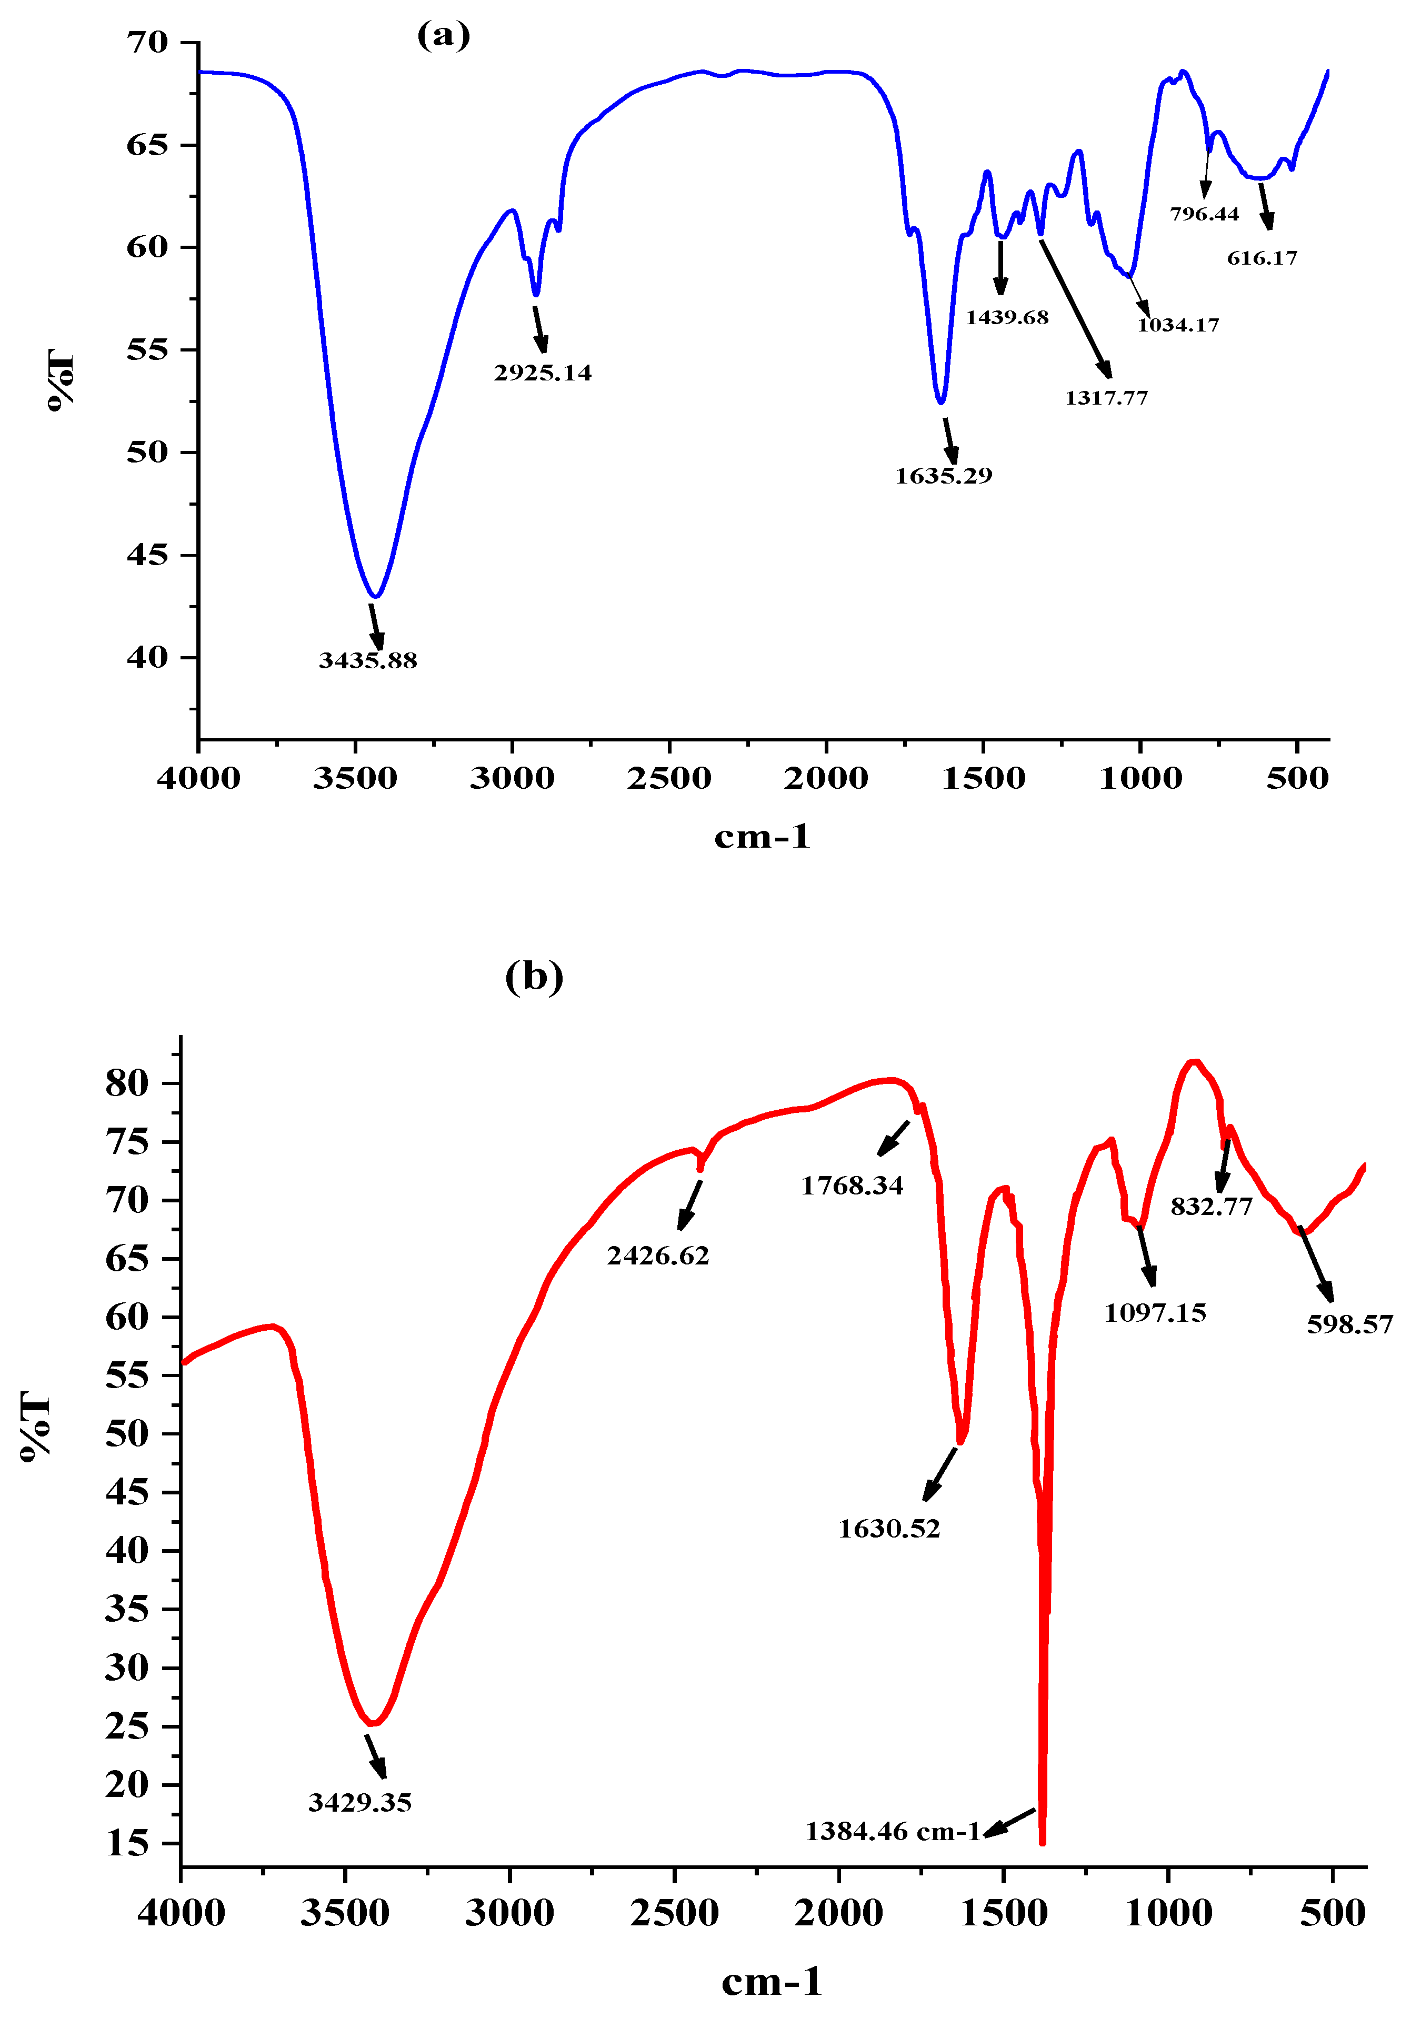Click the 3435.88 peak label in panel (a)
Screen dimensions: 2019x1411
(x=368, y=660)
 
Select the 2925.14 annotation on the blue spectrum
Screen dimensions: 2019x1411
(x=543, y=373)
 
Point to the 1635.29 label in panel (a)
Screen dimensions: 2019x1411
(x=943, y=476)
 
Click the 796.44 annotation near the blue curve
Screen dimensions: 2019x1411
(x=1204, y=214)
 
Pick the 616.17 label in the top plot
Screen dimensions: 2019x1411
(x=1263, y=258)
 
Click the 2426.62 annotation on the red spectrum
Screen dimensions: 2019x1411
(x=658, y=1255)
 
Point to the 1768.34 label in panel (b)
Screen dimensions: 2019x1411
(x=852, y=1186)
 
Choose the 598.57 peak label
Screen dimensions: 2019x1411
(x=1349, y=1324)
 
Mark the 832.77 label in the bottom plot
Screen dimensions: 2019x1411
(x=1212, y=1207)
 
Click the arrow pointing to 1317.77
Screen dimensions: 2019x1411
(x=1075, y=308)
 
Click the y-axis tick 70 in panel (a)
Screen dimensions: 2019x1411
(x=147, y=42)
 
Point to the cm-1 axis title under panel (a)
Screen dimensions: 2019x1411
(x=762, y=836)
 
